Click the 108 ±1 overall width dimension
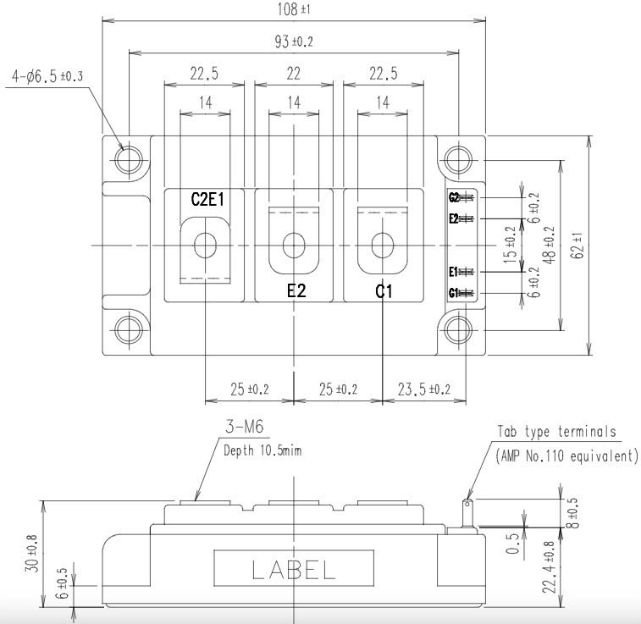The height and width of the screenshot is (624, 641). pos(293,9)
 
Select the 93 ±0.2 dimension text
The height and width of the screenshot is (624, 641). pos(293,42)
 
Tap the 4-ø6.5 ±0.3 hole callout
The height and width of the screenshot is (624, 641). pos(48,77)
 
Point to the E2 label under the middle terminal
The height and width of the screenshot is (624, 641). pos(297,292)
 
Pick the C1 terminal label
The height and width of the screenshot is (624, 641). pos(384,292)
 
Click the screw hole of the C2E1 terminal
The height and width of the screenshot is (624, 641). pos(205,246)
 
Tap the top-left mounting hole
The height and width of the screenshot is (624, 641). pos(130,158)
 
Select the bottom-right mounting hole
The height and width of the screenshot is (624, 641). pos(459,329)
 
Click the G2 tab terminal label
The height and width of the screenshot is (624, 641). pos(454,198)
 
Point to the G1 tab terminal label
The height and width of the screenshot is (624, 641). pos(454,294)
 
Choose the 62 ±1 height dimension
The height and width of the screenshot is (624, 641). pos(600,245)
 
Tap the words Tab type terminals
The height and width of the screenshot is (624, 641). pos(556,432)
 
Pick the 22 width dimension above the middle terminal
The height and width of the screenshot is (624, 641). pos(293,75)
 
